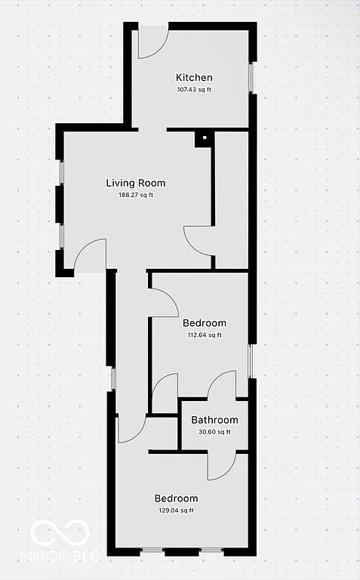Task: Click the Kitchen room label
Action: pos(194,77)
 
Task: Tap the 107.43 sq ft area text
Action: pos(194,89)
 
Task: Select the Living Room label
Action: pos(135,183)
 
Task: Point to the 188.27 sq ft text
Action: pos(136,195)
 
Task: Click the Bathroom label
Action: pos(214,420)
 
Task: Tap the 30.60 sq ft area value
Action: pos(214,432)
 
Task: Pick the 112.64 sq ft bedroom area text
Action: pos(205,335)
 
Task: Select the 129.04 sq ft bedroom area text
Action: pos(176,511)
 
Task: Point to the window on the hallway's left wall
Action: pos(113,378)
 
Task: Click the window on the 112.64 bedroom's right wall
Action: pos(251,361)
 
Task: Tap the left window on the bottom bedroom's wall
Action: pos(153,552)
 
